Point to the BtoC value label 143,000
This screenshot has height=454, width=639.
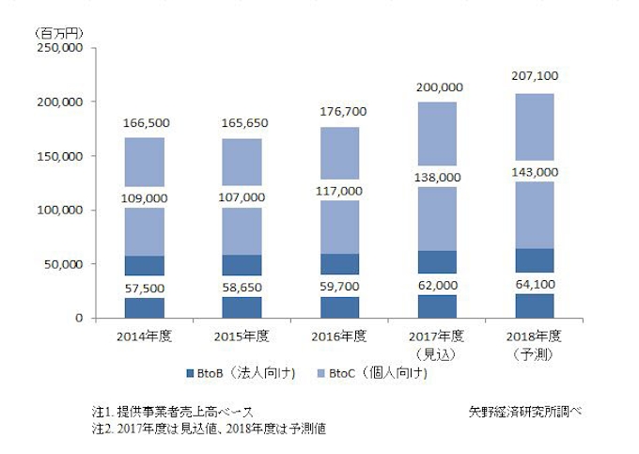click(538, 173)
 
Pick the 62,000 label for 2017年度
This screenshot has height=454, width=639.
click(439, 283)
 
